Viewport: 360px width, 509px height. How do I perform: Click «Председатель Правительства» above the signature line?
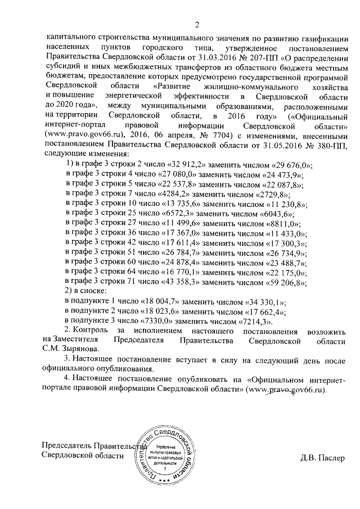90,446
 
